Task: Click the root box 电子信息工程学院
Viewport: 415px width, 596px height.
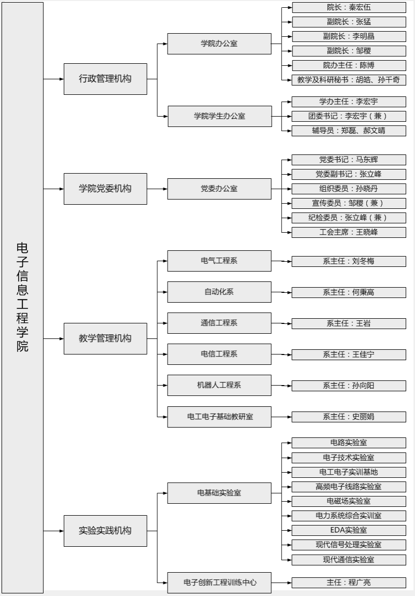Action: pos(22,297)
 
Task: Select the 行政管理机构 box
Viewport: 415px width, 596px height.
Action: pos(105,79)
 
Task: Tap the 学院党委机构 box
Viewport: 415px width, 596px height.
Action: pos(105,189)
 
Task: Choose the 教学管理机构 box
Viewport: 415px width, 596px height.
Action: pos(105,338)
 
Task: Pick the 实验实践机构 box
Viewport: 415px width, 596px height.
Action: pos(105,531)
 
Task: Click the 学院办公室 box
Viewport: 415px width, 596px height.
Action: pos(219,44)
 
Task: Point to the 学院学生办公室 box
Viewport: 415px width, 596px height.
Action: pos(220,116)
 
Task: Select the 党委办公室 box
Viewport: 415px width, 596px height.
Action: pos(219,189)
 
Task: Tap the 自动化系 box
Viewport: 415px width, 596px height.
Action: pos(219,292)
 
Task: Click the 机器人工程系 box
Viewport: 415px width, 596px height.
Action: pos(219,386)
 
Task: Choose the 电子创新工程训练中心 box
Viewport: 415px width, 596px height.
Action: pos(219,583)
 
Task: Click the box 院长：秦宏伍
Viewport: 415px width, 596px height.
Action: pos(349,8)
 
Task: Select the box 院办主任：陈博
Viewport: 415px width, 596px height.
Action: pos(349,65)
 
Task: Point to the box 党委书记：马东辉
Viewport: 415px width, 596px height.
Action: pos(349,160)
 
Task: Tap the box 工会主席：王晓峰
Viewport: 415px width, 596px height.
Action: pos(349,232)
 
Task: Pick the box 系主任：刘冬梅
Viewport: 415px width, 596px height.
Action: pos(349,261)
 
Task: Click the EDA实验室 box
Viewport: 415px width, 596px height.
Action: pos(349,530)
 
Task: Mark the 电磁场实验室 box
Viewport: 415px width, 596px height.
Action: pos(349,501)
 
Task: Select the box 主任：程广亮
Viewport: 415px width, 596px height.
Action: pos(349,583)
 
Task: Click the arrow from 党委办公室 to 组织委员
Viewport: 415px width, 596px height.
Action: pos(282,189)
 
